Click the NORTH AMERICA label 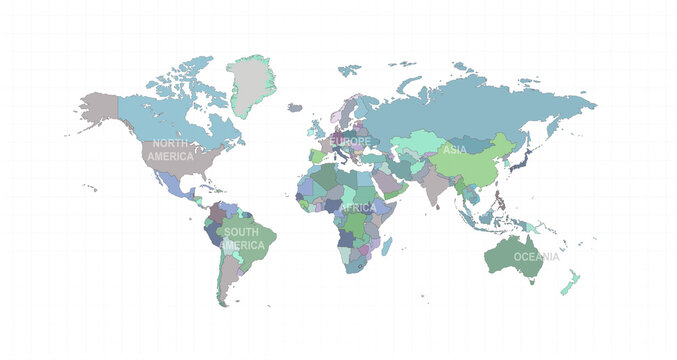tap(170, 151)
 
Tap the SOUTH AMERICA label tap(243, 239)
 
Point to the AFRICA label tap(358, 207)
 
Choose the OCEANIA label tap(538, 257)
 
